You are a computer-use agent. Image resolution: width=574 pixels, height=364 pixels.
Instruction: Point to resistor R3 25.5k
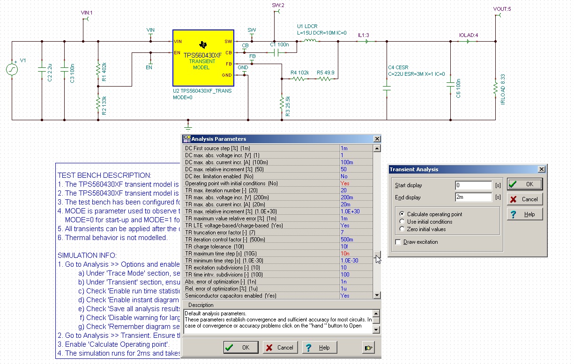[282, 102]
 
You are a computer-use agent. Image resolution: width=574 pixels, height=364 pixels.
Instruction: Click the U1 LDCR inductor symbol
[310, 41]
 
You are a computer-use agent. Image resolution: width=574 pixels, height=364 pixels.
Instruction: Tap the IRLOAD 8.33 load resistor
[495, 88]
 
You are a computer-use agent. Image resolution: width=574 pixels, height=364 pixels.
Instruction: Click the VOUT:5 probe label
[502, 9]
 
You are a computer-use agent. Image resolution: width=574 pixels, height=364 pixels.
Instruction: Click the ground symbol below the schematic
[188, 126]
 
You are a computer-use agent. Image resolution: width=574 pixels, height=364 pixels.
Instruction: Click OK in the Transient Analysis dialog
[524, 184]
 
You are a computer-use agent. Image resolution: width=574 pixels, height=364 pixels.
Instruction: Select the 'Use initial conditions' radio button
[402, 222]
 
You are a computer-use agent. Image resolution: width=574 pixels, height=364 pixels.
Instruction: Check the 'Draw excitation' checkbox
[398, 242]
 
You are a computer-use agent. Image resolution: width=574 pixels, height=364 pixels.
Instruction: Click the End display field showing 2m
[473, 197]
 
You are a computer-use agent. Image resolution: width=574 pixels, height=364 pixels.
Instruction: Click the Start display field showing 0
[473, 185]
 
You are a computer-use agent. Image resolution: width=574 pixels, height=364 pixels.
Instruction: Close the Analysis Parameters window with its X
[377, 139]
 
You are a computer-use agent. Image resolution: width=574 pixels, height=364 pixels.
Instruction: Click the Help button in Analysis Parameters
[319, 347]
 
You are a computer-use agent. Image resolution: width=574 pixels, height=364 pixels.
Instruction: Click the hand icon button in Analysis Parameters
[369, 347]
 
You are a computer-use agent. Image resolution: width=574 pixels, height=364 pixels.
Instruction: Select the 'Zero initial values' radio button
[402, 229]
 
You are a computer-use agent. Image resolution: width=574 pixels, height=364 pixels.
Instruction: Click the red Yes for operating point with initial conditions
[345, 183]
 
